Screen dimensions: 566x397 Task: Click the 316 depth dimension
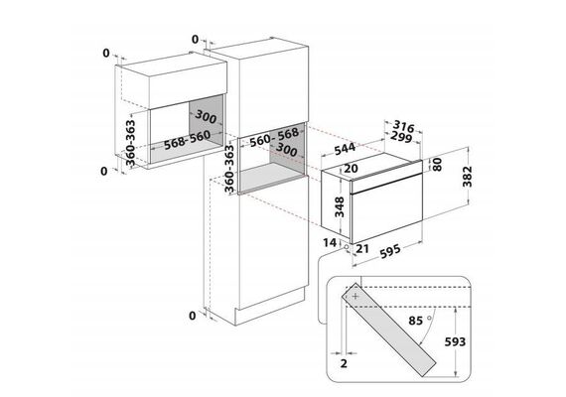(403, 127)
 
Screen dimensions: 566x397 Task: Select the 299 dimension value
(401, 137)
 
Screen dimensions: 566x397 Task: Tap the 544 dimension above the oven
(345, 149)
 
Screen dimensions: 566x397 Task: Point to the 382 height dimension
(468, 177)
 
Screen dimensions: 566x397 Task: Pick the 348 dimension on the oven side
(340, 207)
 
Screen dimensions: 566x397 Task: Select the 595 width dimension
(390, 251)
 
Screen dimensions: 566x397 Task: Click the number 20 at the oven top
(351, 168)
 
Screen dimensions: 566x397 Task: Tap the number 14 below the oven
(330, 242)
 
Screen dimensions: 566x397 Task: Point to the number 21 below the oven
(362, 248)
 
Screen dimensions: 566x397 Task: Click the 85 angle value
(415, 321)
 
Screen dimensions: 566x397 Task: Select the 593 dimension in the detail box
(455, 341)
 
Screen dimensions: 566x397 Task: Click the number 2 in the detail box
(344, 363)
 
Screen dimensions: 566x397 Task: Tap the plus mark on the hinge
(355, 297)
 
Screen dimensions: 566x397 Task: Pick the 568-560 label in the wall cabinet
(187, 140)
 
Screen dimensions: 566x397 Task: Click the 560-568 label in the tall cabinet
(274, 136)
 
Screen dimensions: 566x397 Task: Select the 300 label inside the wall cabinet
(206, 116)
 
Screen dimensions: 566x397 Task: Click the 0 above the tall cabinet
(195, 40)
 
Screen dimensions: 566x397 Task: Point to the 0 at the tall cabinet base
(193, 316)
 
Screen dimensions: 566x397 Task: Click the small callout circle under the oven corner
(347, 247)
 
